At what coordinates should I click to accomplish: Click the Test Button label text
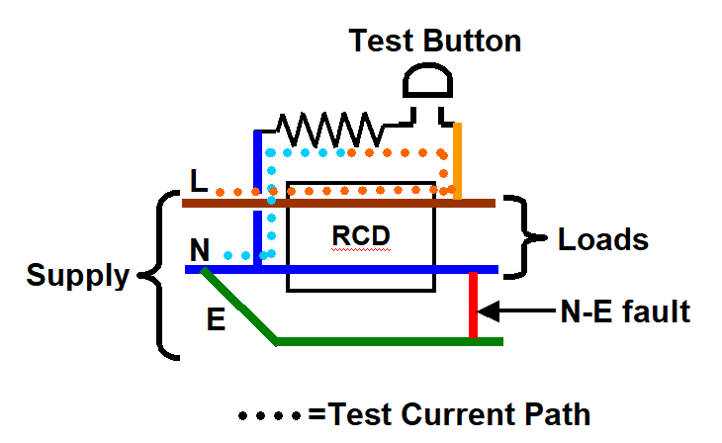coord(434,42)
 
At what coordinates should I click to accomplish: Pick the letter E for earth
coord(215,318)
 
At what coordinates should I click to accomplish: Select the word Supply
coord(78,276)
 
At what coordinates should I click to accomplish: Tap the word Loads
coord(603,239)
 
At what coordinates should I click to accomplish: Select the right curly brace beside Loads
coord(520,237)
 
